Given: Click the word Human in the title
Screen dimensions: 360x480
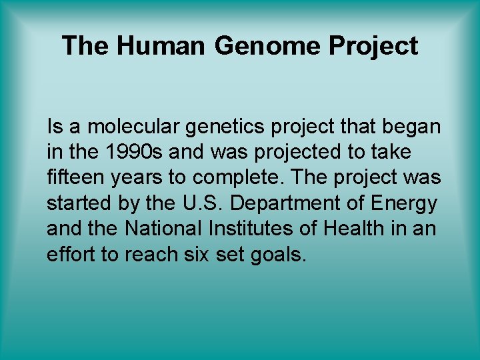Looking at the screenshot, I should [x=161, y=46].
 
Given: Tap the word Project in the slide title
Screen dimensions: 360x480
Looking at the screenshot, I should [x=373, y=46].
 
